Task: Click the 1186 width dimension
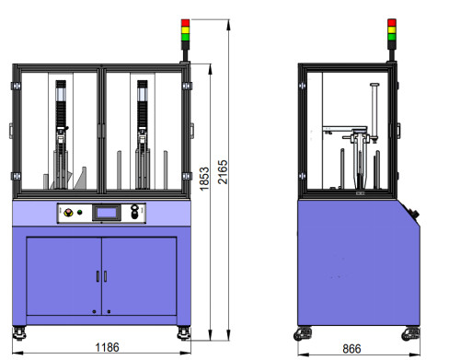point(107,347)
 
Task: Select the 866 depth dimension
point(351,349)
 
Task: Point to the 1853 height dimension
point(204,179)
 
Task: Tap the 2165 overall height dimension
point(223,172)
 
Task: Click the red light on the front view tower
point(185,23)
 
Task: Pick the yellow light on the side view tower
point(392,30)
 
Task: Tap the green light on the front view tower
point(185,37)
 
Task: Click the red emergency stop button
point(68,212)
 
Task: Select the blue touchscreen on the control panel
point(107,213)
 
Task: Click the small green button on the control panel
point(80,212)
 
